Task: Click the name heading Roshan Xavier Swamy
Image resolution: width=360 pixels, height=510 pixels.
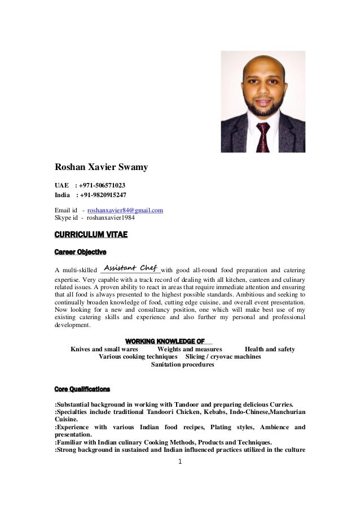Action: (101, 167)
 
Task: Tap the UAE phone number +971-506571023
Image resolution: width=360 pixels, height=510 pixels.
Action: (102, 185)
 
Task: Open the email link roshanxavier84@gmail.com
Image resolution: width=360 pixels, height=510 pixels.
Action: (125, 210)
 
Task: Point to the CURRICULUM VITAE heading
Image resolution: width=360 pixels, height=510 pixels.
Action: (91, 234)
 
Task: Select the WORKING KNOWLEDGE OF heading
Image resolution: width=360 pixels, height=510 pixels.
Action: (164, 341)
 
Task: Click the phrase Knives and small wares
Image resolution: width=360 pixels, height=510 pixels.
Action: (104, 349)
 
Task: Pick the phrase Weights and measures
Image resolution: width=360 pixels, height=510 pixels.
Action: (190, 349)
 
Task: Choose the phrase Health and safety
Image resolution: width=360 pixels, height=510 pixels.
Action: (270, 349)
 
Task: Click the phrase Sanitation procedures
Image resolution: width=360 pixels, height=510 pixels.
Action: (183, 365)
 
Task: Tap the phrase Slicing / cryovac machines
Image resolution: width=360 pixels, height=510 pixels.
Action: (223, 357)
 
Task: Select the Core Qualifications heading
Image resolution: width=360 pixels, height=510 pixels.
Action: (82, 389)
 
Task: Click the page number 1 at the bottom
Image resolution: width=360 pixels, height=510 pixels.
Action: (179, 461)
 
